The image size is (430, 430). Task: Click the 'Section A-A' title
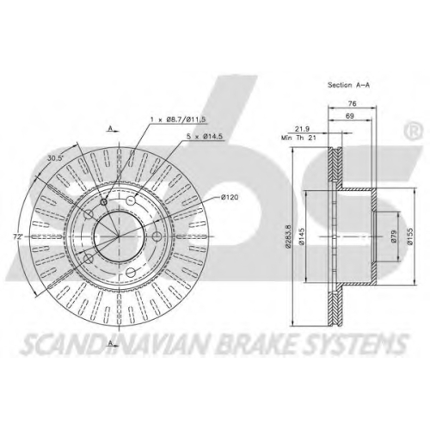click(348, 85)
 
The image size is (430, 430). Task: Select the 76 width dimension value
click(352, 103)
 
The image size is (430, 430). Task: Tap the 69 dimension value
click(349, 116)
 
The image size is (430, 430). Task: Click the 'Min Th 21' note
click(298, 138)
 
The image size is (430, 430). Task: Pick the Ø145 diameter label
click(301, 236)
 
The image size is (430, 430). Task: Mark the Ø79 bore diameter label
click(394, 236)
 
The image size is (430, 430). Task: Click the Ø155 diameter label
click(410, 236)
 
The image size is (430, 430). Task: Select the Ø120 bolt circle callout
click(230, 197)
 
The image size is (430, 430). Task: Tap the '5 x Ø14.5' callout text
click(205, 137)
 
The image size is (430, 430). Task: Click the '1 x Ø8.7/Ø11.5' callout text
click(179, 120)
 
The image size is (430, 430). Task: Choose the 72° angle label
click(18, 236)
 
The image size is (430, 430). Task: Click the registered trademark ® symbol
click(413, 131)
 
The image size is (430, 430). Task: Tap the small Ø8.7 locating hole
click(104, 202)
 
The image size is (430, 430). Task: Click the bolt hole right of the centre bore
click(157, 236)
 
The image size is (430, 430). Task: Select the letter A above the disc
click(109, 128)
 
